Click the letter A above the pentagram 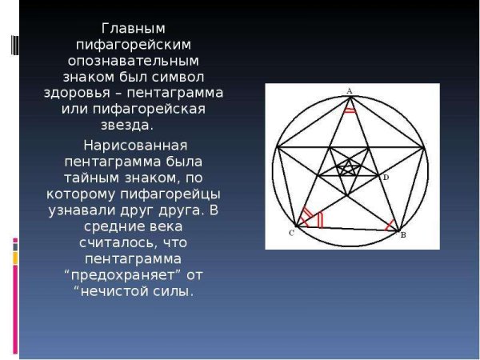point(350,91)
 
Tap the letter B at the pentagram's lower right point(402,235)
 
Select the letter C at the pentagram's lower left point(290,233)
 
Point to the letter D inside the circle point(385,176)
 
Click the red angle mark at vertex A point(349,110)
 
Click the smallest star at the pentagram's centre point(348,169)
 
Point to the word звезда point(128,126)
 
